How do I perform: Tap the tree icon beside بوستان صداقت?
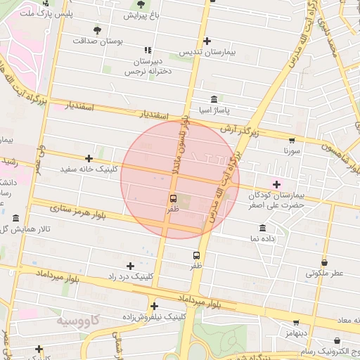pos(97,30)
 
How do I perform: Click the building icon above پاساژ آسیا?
pos(214,99)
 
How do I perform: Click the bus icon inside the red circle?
pos(173,198)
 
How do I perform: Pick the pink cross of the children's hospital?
pos(276,184)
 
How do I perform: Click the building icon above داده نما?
pos(263,228)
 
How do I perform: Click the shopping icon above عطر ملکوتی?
pos(324,262)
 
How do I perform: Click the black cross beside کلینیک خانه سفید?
pos(89,158)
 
